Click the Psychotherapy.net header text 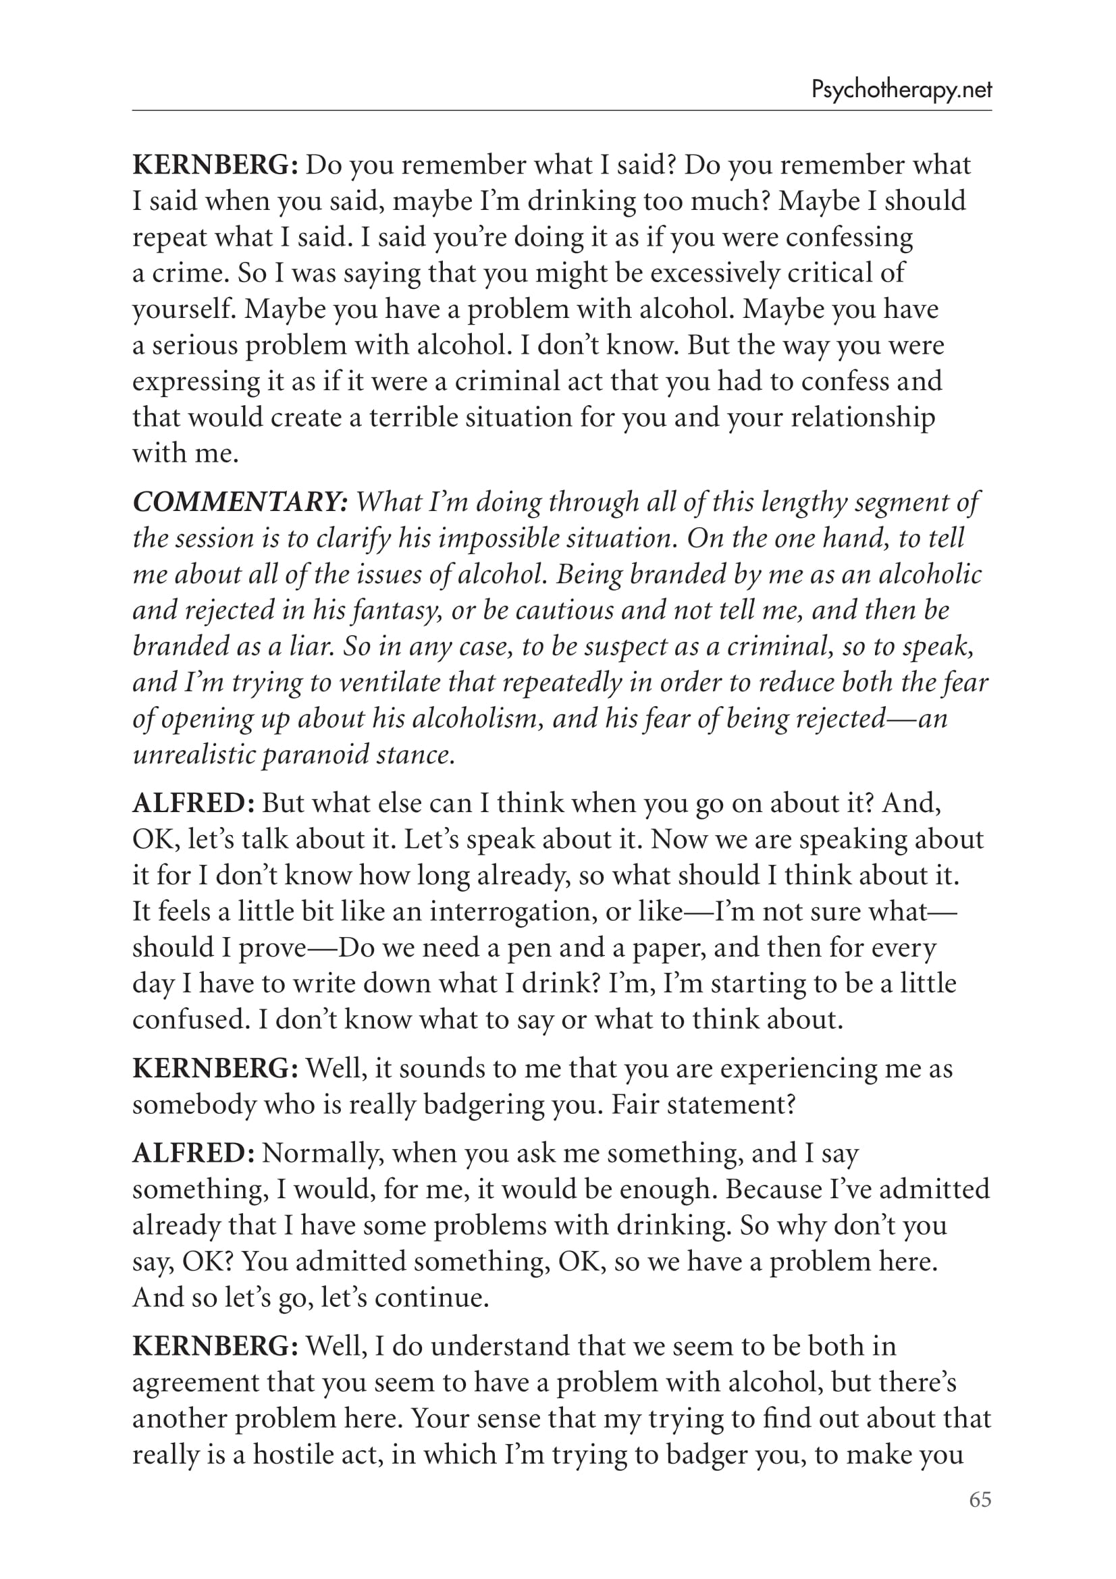901,90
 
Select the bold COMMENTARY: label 240,502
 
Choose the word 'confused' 189,1020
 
